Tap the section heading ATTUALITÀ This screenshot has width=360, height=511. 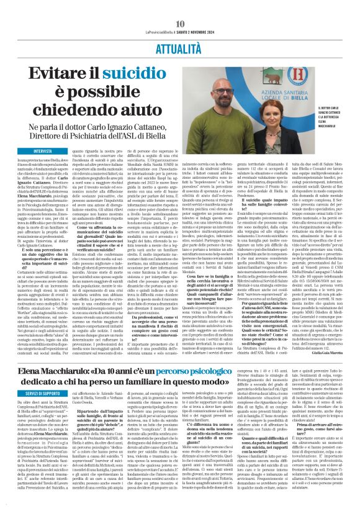point(179,30)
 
